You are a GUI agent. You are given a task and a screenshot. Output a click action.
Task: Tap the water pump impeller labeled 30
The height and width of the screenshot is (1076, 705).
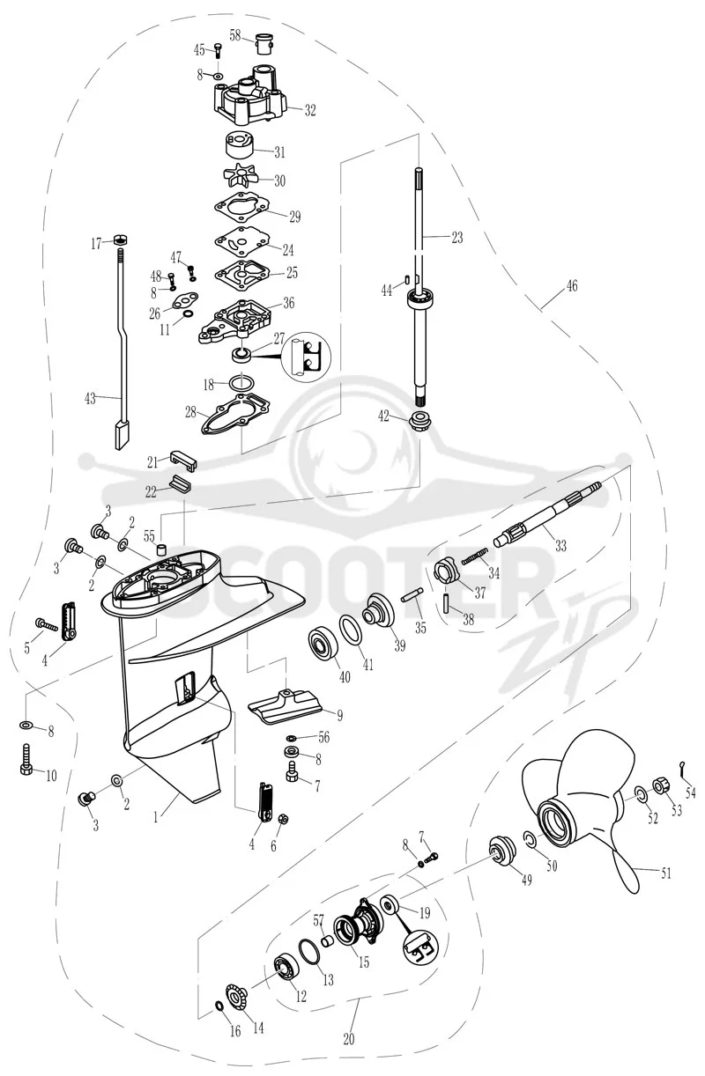click(241, 175)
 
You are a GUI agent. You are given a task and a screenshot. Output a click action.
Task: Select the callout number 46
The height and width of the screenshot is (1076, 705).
click(571, 286)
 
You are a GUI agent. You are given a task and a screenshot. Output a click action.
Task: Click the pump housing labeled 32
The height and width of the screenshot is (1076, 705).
click(247, 96)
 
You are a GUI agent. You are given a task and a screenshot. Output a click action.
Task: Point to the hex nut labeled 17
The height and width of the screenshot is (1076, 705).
click(120, 240)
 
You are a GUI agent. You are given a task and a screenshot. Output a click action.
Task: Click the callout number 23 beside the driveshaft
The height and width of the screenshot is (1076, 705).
click(456, 237)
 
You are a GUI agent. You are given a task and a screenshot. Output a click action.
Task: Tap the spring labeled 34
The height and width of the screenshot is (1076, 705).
click(475, 556)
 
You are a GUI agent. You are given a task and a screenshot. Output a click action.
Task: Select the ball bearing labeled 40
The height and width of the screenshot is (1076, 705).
click(323, 643)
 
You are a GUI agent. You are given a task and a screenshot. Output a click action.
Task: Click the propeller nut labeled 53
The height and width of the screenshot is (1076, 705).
click(660, 786)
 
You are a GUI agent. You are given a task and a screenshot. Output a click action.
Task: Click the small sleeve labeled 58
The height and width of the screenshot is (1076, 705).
click(264, 43)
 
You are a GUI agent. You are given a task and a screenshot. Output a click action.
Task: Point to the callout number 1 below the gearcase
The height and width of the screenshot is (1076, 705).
click(155, 817)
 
